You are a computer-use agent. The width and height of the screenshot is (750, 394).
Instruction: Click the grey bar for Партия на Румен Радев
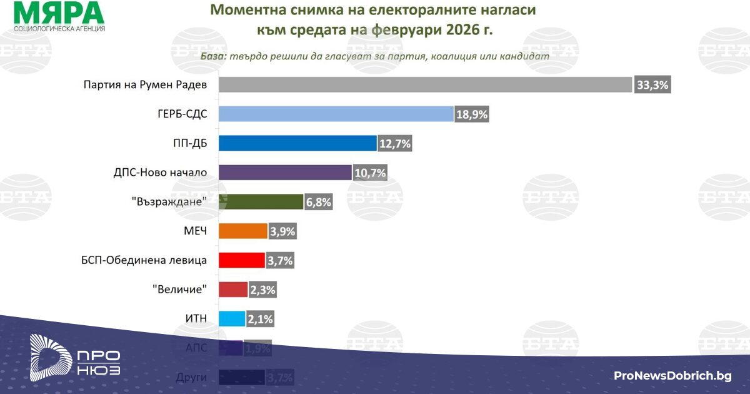click(x=425, y=84)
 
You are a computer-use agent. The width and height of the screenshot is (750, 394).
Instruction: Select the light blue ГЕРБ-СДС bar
click(x=336, y=114)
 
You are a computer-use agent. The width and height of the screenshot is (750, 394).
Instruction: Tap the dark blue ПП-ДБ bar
click(x=297, y=143)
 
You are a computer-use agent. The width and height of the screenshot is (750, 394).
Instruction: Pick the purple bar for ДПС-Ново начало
click(x=285, y=172)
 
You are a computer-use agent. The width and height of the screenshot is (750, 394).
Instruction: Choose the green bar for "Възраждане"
click(x=261, y=201)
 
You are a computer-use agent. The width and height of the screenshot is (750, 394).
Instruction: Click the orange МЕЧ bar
click(x=243, y=231)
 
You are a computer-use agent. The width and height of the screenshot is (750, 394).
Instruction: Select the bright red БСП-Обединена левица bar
click(x=242, y=260)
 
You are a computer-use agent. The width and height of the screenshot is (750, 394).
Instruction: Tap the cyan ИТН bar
click(x=232, y=319)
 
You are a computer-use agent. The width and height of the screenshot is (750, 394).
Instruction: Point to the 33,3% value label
click(x=652, y=85)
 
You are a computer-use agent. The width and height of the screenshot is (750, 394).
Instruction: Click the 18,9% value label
click(x=471, y=114)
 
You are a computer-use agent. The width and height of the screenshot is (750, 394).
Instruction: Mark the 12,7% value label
click(x=395, y=144)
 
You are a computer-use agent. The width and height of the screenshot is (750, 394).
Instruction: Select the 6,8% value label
click(x=318, y=202)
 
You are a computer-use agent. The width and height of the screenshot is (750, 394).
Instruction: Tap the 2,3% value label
click(x=262, y=290)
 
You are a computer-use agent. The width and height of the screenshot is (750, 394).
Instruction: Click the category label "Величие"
click(x=179, y=290)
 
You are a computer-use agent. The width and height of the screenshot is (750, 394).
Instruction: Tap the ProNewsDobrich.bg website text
click(x=672, y=375)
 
